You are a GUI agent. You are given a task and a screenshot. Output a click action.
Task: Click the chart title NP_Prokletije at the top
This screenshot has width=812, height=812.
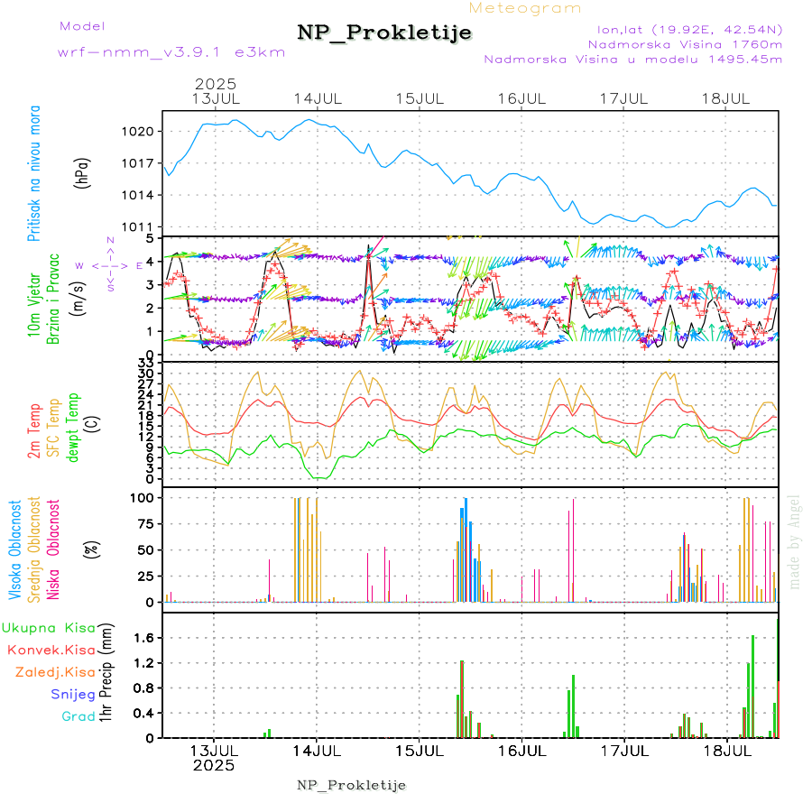(384, 33)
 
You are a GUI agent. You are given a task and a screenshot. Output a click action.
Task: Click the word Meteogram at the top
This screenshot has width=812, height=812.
(526, 8)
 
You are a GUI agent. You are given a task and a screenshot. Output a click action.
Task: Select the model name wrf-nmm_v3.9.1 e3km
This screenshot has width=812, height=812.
(171, 51)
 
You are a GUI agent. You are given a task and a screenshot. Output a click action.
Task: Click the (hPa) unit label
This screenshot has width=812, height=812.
(82, 171)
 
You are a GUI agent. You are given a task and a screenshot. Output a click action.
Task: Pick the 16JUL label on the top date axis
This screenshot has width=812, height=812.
(522, 98)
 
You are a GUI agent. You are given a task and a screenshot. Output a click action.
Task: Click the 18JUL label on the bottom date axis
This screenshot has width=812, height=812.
(727, 750)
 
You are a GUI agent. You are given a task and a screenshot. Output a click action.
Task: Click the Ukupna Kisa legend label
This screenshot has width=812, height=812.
(49, 627)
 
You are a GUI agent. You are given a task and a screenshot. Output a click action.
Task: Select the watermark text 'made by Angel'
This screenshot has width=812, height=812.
(795, 540)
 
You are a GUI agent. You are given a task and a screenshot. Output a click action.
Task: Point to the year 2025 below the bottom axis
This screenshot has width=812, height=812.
(214, 765)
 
